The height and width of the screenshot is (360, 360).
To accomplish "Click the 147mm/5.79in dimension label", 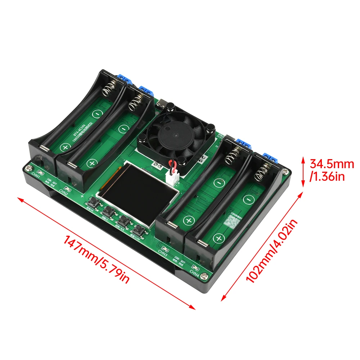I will [x=96, y=259].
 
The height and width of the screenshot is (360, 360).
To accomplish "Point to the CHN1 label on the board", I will [x=36, y=175].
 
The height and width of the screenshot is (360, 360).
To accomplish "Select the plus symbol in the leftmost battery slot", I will [x=65, y=148].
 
